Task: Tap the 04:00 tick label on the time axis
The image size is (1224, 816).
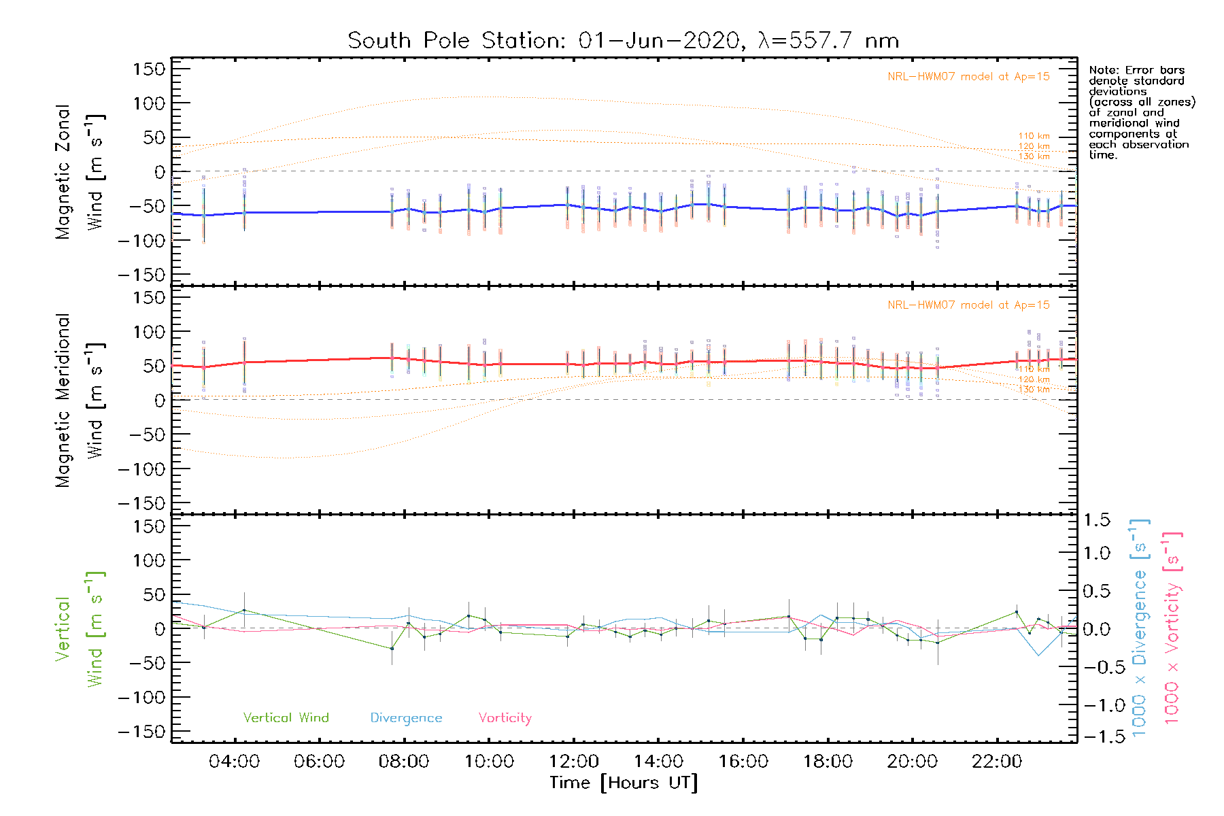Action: click(234, 762)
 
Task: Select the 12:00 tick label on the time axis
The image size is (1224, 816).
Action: click(574, 762)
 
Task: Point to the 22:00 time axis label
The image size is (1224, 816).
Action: click(997, 762)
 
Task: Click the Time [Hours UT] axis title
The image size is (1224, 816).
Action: click(624, 783)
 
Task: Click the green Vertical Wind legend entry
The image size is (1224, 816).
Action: click(286, 718)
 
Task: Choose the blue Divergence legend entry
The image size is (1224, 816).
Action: click(406, 718)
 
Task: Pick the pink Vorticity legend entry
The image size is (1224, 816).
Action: click(505, 718)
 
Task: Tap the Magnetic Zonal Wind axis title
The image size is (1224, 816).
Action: click(80, 171)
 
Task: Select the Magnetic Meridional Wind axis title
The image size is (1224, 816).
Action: click(80, 401)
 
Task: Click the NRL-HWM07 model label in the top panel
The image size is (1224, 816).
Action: click(968, 77)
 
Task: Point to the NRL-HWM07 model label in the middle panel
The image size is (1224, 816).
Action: click(968, 305)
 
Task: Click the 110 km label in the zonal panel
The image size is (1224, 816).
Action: click(1034, 136)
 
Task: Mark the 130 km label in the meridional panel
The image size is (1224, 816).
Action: click(1034, 390)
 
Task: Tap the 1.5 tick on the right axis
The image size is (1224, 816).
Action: click(1096, 520)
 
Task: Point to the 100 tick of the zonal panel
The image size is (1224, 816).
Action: click(150, 103)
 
